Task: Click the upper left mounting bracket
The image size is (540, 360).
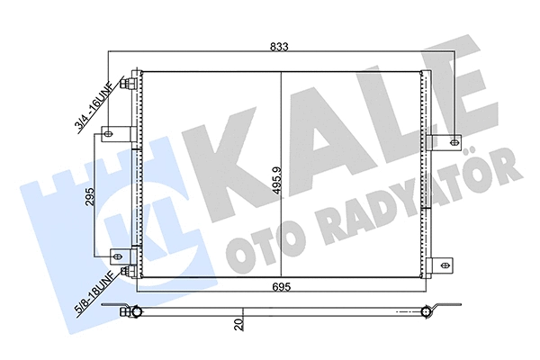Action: coord(112,137)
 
